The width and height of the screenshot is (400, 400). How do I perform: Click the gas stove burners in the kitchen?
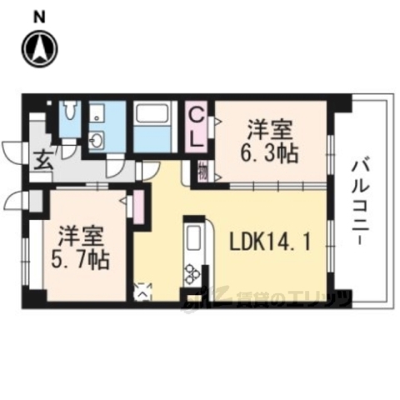click(193, 273)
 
